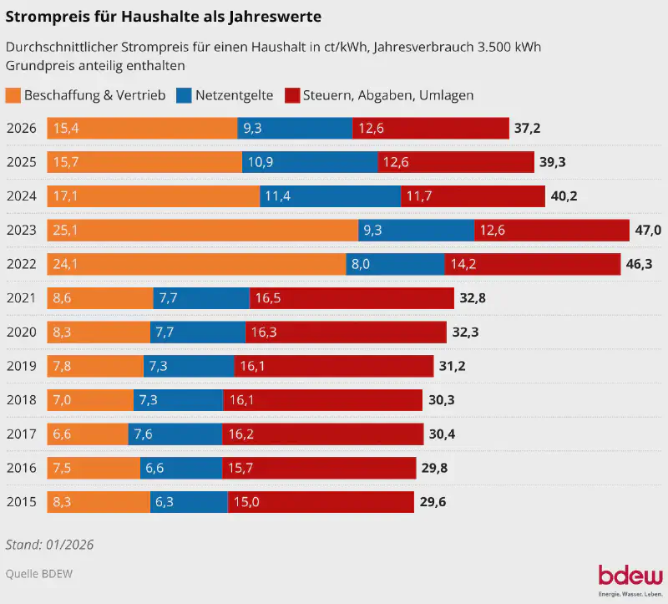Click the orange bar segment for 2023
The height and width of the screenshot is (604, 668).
[x=202, y=230]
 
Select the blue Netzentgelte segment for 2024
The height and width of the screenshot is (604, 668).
[x=330, y=196]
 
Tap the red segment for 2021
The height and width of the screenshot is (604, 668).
[x=352, y=298]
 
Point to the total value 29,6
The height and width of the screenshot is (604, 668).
[x=434, y=502]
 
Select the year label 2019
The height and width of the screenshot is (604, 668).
[x=21, y=366]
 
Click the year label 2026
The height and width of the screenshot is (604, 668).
[x=21, y=128]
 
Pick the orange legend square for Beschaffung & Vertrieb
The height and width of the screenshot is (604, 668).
[x=13, y=95]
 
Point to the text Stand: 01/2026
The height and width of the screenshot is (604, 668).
[x=49, y=544]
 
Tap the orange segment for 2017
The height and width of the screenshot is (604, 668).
[x=87, y=434]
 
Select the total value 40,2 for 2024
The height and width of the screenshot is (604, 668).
[x=564, y=196]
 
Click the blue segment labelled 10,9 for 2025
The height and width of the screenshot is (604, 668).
[x=310, y=162]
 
